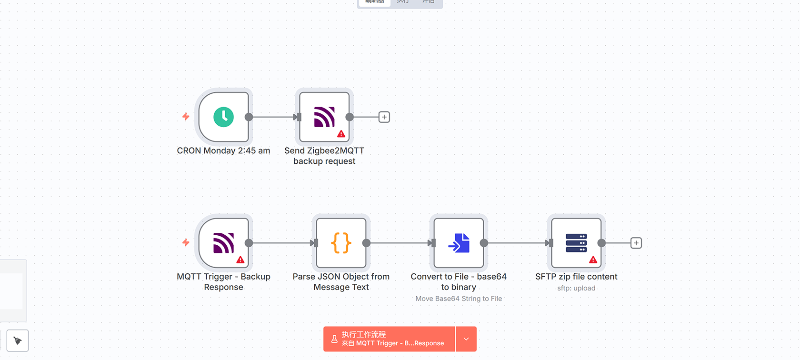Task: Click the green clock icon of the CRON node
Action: point(223,117)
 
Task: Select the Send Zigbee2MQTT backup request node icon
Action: point(324,117)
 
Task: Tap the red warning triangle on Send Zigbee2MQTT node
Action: point(341,134)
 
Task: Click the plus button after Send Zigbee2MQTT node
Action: point(384,117)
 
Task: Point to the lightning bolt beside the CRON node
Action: point(186,117)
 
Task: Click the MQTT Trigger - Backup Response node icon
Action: point(223,243)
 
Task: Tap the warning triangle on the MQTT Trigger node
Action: point(240,260)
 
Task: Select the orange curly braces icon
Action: point(341,243)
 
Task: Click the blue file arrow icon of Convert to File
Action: point(459,243)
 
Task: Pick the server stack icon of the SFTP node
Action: point(576,243)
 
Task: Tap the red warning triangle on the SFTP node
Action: point(593,260)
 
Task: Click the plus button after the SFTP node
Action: point(636,243)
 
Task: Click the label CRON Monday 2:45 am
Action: point(223,151)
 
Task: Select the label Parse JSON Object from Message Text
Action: point(341,282)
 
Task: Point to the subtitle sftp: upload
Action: point(576,289)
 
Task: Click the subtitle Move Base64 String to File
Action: point(459,299)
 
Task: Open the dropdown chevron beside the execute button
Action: point(466,339)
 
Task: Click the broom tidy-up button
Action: point(18,340)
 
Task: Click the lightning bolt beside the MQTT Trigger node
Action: point(186,243)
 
